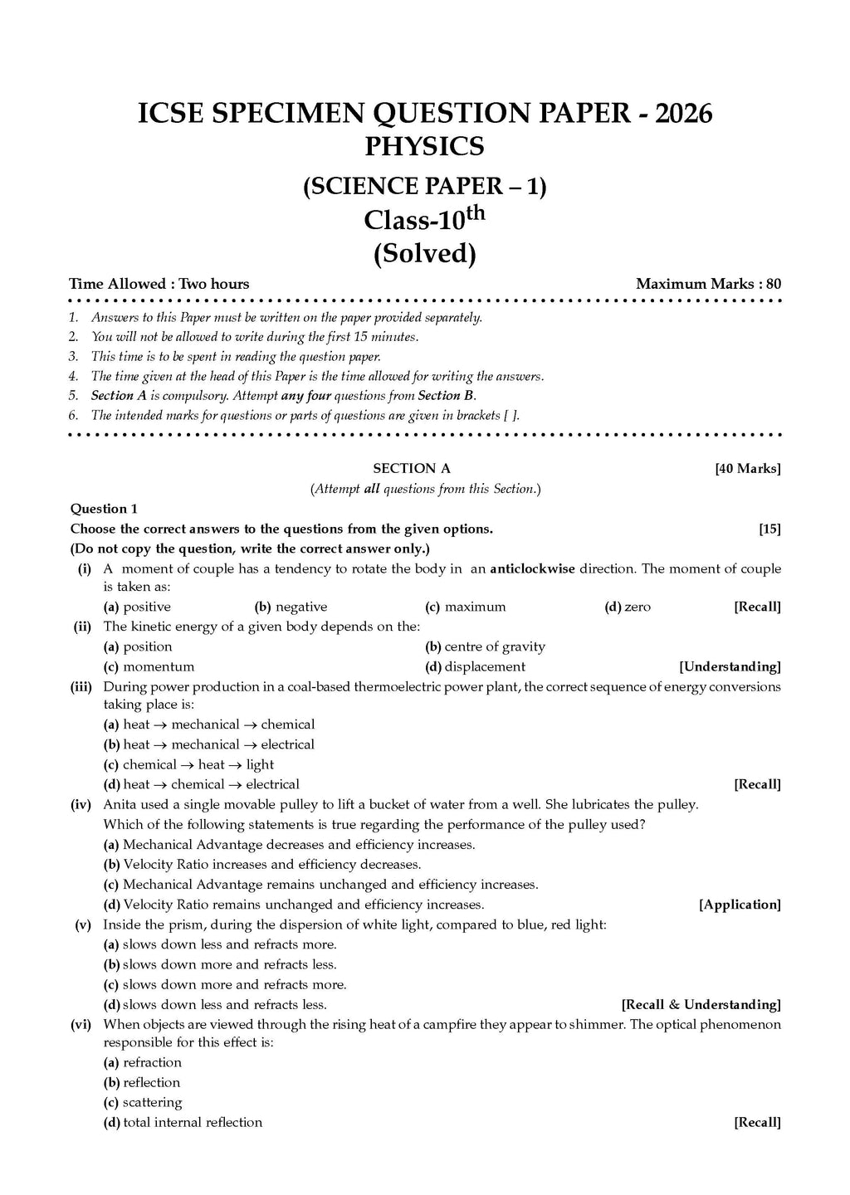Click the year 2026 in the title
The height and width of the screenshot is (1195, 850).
(x=683, y=113)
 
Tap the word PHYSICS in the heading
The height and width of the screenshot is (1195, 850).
(x=424, y=147)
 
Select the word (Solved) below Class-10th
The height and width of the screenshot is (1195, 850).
(x=424, y=253)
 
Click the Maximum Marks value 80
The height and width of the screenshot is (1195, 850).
(x=773, y=284)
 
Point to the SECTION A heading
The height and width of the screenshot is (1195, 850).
(x=412, y=469)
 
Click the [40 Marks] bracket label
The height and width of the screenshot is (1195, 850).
(x=747, y=469)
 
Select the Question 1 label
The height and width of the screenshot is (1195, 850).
(x=104, y=509)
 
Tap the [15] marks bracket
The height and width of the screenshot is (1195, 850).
(x=769, y=529)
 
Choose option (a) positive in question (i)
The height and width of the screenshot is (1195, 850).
(x=137, y=607)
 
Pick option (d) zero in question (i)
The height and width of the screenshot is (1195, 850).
(x=628, y=607)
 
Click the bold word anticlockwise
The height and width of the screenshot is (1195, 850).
(x=532, y=569)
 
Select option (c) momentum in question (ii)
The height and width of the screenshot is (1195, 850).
(x=149, y=666)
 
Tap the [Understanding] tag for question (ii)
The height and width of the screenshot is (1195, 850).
(x=730, y=666)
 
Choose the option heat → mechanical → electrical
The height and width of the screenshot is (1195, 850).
(x=208, y=744)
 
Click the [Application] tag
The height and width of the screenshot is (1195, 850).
(x=740, y=905)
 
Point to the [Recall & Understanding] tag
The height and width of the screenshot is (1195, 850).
(x=701, y=1005)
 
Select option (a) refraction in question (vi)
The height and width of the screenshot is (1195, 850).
(x=142, y=1063)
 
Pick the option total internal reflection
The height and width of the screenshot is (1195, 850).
(x=183, y=1123)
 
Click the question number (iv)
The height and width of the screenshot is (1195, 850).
(x=81, y=804)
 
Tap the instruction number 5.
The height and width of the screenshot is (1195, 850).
(x=74, y=396)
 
